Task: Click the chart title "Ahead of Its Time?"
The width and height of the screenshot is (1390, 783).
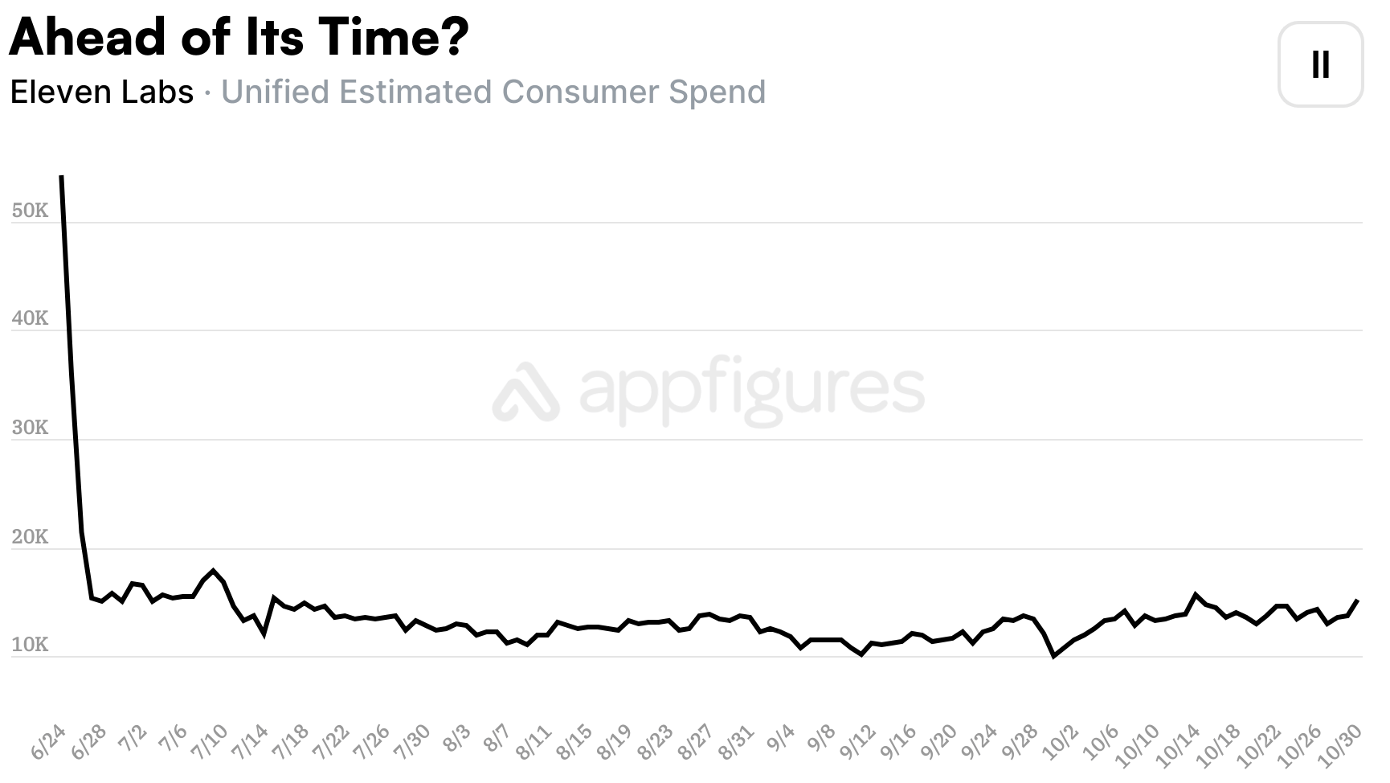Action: click(239, 37)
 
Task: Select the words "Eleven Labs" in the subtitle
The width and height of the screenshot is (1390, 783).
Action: click(102, 92)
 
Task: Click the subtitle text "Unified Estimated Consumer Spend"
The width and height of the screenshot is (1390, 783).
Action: click(493, 92)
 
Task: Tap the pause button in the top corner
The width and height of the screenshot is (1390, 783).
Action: click(1320, 64)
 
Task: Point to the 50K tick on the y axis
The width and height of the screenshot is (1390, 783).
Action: click(31, 211)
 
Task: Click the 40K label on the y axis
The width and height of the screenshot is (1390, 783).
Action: click(31, 318)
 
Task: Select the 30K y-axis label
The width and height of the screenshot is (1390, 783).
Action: click(31, 428)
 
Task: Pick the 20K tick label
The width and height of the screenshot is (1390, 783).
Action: click(31, 537)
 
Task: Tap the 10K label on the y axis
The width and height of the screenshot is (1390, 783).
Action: click(31, 645)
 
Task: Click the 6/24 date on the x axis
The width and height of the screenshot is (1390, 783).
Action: click(49, 741)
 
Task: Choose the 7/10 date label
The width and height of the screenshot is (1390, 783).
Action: click(210, 741)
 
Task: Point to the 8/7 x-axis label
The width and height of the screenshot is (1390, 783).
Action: click(497, 737)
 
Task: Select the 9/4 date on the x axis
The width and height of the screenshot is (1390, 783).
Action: click(780, 737)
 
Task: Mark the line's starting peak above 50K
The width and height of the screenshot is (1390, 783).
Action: click(62, 177)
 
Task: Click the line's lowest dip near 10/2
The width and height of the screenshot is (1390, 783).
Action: click(1053, 656)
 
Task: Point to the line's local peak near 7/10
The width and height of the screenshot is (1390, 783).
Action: click(213, 571)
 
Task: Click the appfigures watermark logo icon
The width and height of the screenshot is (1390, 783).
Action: click(526, 391)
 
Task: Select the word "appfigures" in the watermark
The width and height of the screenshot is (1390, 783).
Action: click(751, 390)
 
